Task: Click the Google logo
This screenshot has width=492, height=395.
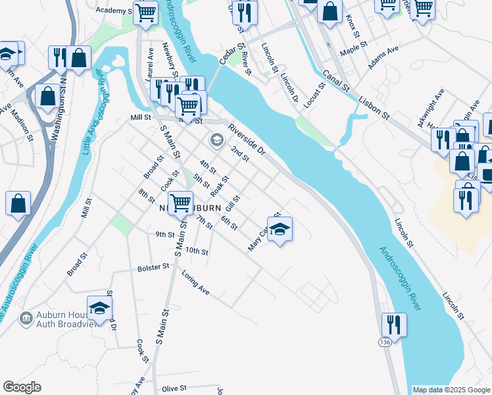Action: (x=22, y=387)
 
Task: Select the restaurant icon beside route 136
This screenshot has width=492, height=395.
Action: (x=393, y=325)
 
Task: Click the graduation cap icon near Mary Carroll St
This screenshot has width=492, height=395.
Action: (x=280, y=229)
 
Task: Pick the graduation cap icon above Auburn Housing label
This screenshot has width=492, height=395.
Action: (x=99, y=308)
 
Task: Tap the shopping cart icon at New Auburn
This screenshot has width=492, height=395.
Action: (x=180, y=202)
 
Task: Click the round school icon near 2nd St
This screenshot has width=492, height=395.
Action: (x=216, y=140)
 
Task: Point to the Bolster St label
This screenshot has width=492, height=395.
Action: (x=153, y=267)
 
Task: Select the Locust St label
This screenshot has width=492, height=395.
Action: (x=322, y=95)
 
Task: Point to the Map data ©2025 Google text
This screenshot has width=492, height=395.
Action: (x=451, y=390)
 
